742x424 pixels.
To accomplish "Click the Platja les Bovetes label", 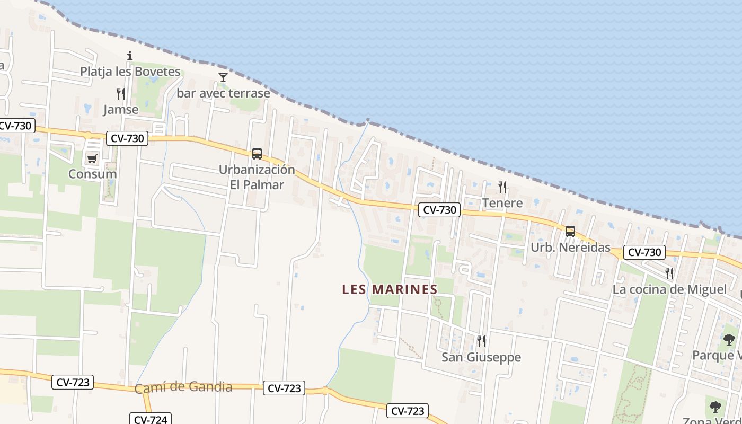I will (130, 71).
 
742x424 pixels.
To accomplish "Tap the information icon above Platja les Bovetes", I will (130, 56).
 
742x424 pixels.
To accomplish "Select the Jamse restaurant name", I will (121, 110).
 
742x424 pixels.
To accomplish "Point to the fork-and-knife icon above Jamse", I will (121, 94).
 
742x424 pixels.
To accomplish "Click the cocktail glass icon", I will (223, 77).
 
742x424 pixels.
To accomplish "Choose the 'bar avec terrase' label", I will (223, 93).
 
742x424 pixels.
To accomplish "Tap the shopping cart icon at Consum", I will (92, 158).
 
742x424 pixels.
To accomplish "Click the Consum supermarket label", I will (93, 174).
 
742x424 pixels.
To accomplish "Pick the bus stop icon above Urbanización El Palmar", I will (257, 154).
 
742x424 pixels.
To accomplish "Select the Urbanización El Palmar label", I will (257, 177).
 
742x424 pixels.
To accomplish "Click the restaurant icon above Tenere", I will (502, 187).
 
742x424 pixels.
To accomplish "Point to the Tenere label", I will (502, 202).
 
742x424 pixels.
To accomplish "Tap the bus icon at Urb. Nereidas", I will (570, 232).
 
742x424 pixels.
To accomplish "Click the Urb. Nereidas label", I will (570, 248).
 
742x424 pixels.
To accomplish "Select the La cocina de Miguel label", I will (669, 289).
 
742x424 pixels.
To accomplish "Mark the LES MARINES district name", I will (390, 289).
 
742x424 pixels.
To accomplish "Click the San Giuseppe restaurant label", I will (481, 357).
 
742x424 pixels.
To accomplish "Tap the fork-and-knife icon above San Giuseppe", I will (481, 341).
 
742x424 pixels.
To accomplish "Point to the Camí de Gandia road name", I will (183, 387).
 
